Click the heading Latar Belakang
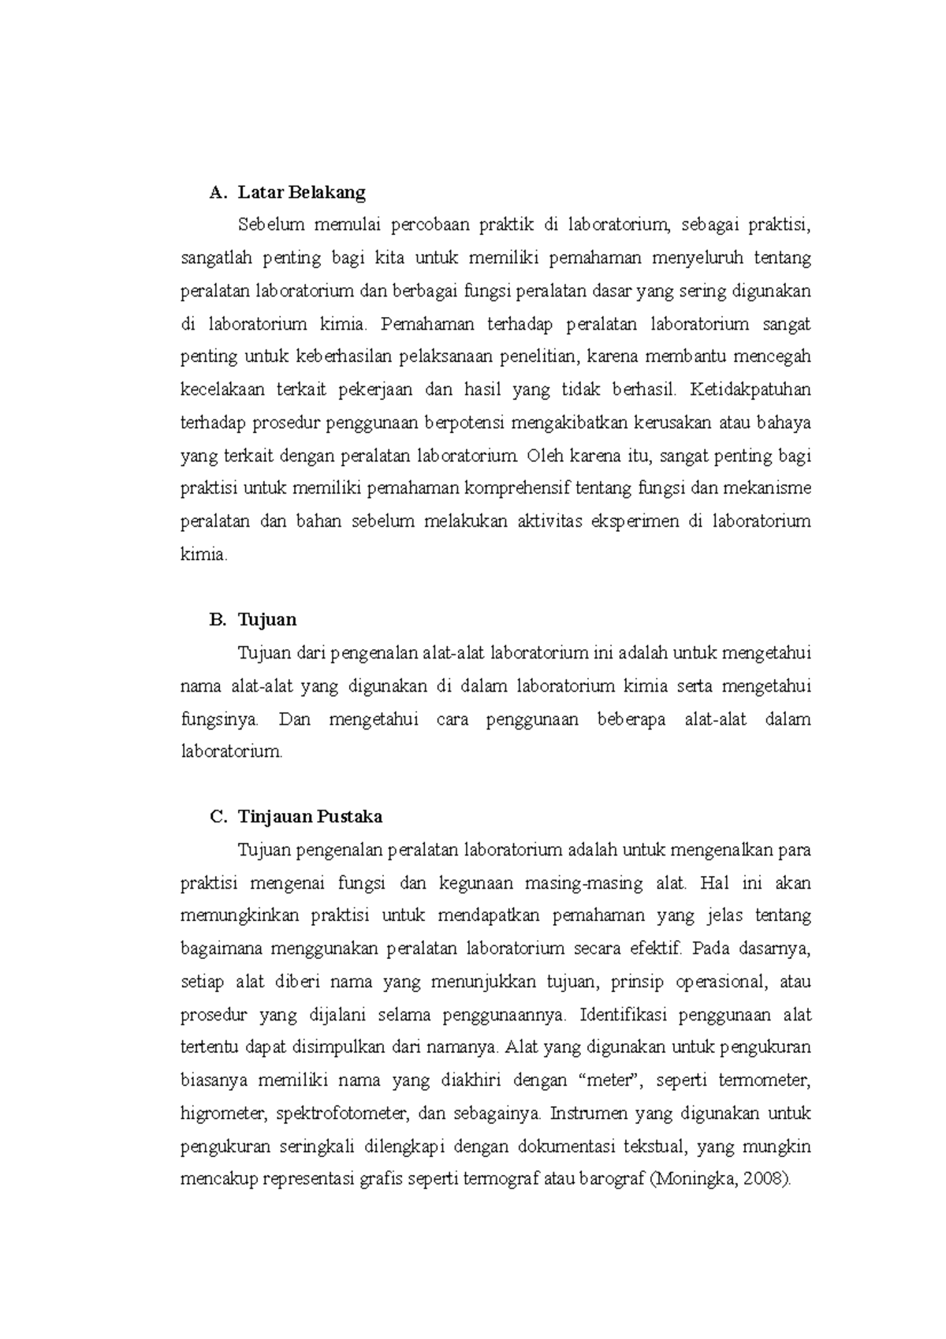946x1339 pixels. (302, 192)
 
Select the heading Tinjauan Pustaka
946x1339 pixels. (310, 817)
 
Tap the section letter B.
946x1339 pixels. (217, 620)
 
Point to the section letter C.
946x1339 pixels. (217, 817)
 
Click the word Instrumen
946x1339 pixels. (587, 1114)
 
